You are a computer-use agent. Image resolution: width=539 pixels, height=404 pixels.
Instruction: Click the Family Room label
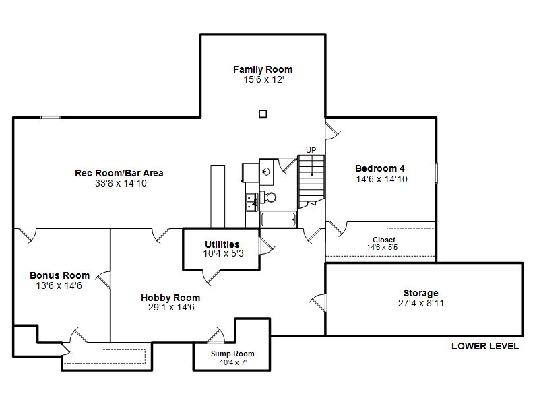coord(263,69)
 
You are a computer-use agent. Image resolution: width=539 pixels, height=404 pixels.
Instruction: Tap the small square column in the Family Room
coord(263,114)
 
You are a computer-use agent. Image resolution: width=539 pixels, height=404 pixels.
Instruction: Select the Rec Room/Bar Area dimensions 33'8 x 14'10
coord(121,183)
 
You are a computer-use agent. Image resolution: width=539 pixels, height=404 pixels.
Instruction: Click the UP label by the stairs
coord(311,150)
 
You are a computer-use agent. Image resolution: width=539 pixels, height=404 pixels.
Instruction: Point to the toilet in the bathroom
coord(268,197)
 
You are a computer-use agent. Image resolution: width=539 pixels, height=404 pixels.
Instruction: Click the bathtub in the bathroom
coord(278,220)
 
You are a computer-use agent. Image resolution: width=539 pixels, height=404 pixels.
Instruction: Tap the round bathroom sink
coord(266,171)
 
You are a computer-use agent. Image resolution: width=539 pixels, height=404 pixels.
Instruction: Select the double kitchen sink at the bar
coord(251,203)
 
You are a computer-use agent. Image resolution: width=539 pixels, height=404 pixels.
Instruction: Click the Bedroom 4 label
coord(380,168)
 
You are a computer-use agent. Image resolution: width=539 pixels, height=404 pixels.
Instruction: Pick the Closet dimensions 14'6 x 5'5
coord(382,247)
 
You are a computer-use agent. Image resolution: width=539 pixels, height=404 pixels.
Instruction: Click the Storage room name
coord(420,293)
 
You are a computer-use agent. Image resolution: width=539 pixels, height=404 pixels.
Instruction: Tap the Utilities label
coord(222,244)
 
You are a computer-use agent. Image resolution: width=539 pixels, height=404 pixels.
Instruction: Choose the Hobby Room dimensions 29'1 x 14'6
coord(171,307)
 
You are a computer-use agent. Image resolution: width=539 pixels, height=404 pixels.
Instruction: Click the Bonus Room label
coord(59,275)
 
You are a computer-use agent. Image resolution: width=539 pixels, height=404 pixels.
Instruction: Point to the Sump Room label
coord(232,353)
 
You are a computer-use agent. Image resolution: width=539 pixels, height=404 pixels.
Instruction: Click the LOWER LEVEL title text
coord(485,346)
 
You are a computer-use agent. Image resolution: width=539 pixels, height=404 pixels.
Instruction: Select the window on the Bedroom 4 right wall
coord(436,173)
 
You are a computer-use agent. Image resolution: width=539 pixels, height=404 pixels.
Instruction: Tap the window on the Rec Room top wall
coord(51,117)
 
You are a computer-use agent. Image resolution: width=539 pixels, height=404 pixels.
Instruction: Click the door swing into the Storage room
coord(318,302)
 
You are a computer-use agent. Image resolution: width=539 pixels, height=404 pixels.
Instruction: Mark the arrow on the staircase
coord(312,166)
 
